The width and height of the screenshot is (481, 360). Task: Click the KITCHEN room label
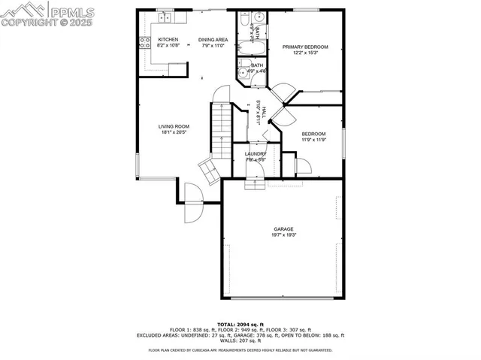pyautogui.click(x=168, y=39)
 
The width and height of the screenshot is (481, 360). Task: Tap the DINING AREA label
pyautogui.click(x=213, y=39)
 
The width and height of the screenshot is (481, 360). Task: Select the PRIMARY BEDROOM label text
pyautogui.click(x=305, y=47)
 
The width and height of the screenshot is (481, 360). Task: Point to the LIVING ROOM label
pyautogui.click(x=173, y=126)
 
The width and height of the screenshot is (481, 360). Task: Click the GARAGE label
pyautogui.click(x=283, y=229)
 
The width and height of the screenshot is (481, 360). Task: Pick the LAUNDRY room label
pyautogui.click(x=256, y=153)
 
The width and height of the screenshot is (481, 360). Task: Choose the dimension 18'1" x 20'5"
pyautogui.click(x=173, y=133)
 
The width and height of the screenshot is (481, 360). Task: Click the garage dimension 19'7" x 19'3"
pyautogui.click(x=283, y=235)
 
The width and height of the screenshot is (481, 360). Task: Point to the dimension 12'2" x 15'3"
pyautogui.click(x=305, y=53)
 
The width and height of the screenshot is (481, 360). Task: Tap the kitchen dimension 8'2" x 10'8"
pyautogui.click(x=168, y=45)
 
